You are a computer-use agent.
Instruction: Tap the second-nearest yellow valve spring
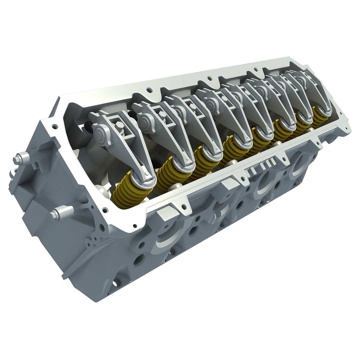pos(168,173)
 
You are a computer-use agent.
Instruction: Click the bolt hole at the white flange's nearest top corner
pos(54,127)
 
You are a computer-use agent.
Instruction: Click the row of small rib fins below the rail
pos(263,165)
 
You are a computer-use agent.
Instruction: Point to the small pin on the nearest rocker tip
pos(147,173)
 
